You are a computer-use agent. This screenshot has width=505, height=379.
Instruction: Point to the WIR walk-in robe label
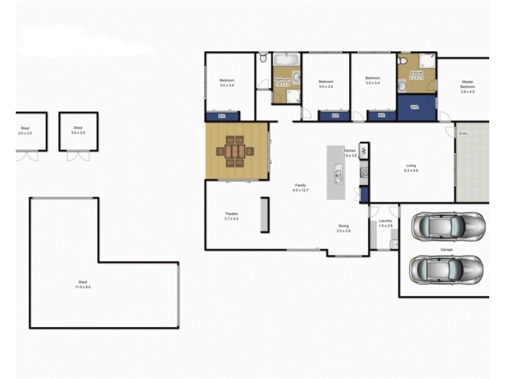415,107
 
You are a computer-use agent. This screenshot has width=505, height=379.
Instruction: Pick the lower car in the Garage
447,269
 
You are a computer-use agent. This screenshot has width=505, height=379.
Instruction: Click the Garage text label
446,250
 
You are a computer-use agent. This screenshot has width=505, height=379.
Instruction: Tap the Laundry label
385,220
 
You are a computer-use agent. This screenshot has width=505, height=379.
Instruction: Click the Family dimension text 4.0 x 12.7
300,190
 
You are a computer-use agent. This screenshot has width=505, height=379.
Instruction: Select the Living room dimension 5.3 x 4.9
412,171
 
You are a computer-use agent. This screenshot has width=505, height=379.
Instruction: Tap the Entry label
463,133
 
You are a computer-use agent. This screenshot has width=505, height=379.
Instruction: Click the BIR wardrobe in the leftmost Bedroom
222,116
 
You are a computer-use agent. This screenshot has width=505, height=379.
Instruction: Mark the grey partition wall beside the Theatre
265,215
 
